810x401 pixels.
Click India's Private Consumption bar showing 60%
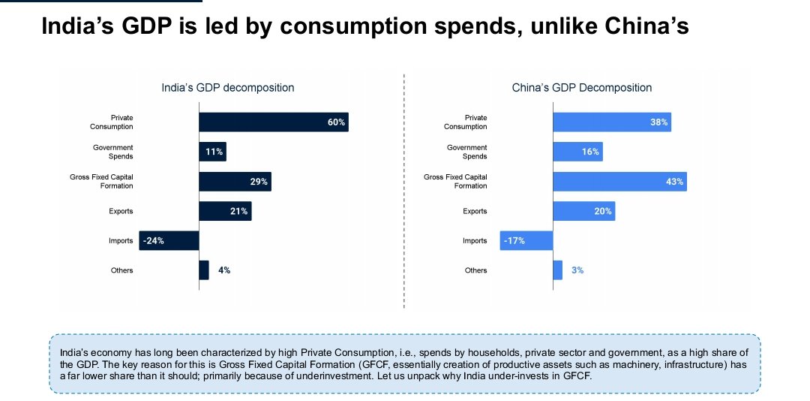click(273, 122)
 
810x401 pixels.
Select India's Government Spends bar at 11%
click(212, 152)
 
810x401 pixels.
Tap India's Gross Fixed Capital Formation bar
click(235, 181)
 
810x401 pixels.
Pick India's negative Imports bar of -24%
click(169, 240)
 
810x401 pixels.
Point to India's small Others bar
click(204, 270)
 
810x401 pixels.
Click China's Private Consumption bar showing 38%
click(611, 122)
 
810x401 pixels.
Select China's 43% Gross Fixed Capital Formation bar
click(619, 181)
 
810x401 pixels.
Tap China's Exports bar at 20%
click(583, 211)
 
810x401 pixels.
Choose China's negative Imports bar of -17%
click(526, 240)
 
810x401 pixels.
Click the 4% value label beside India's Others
click(224, 270)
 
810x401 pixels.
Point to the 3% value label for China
click(577, 270)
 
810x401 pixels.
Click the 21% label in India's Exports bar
click(238, 211)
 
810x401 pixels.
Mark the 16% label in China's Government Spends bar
click(590, 152)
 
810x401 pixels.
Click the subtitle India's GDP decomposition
click(228, 88)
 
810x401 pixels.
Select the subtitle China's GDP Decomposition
click(582, 88)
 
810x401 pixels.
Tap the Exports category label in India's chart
click(121, 211)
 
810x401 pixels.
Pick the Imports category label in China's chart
click(475, 240)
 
